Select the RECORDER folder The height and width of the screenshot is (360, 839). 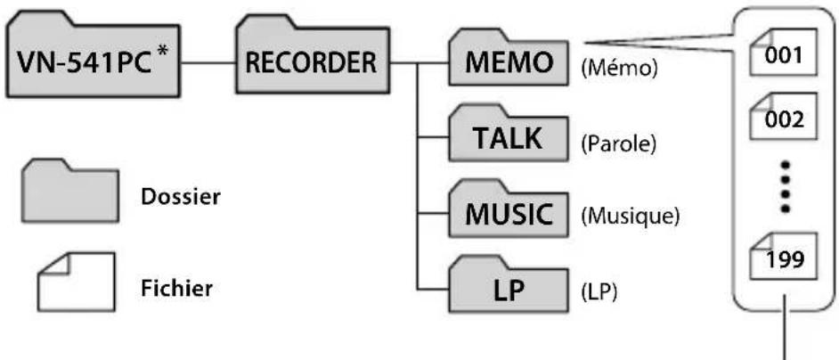tap(313, 58)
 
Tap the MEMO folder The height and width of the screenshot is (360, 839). tap(509, 60)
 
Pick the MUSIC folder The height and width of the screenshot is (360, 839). tap(509, 211)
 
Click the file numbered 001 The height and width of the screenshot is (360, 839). tap(785, 52)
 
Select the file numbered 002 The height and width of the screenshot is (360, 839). tap(785, 116)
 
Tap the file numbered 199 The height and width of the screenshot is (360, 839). tap(785, 256)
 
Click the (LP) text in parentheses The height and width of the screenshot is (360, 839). tap(599, 293)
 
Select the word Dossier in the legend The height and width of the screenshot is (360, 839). tap(180, 197)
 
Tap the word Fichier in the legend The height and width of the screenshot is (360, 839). tap(176, 288)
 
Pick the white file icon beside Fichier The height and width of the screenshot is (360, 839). tap(76, 282)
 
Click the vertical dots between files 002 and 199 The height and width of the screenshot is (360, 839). tap(785, 184)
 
